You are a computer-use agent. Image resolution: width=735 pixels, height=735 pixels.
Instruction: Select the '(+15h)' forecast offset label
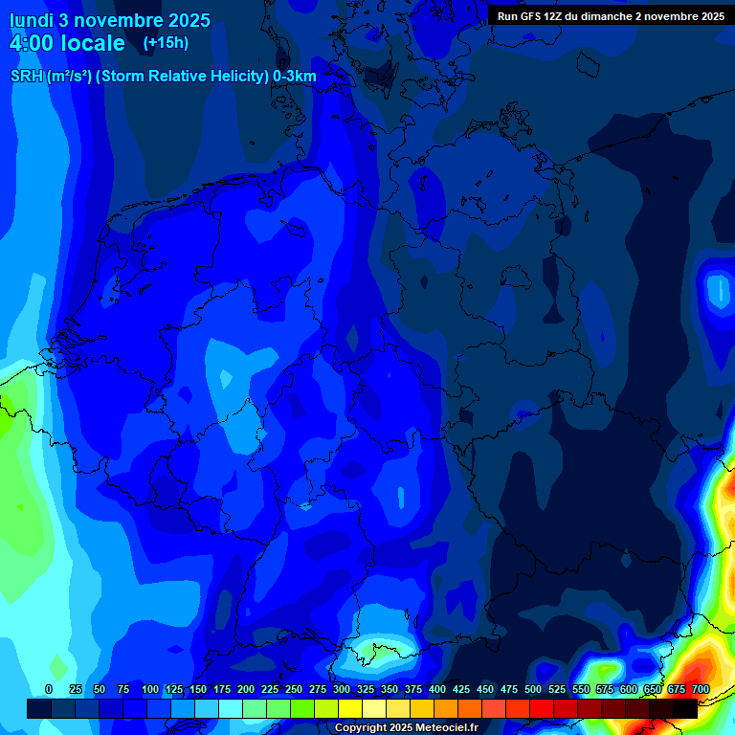(166, 43)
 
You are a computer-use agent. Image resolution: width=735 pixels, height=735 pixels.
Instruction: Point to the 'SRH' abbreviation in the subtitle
(27, 77)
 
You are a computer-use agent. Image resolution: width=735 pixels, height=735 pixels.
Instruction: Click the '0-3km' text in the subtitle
(295, 77)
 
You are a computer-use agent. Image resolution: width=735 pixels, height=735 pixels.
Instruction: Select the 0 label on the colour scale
(49, 689)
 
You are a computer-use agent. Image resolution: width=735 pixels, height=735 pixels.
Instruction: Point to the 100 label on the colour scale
(150, 689)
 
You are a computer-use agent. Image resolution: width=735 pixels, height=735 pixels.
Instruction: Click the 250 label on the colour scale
(294, 689)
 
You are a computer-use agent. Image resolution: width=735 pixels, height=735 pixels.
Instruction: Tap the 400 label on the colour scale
(437, 689)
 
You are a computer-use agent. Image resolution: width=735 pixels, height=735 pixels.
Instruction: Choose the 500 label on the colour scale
(533, 689)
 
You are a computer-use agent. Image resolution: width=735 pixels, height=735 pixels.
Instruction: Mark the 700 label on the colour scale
(701, 689)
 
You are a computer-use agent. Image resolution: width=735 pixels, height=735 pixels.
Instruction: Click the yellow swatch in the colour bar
(350, 708)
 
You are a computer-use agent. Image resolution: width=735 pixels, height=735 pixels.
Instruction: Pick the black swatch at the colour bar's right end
(685, 708)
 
